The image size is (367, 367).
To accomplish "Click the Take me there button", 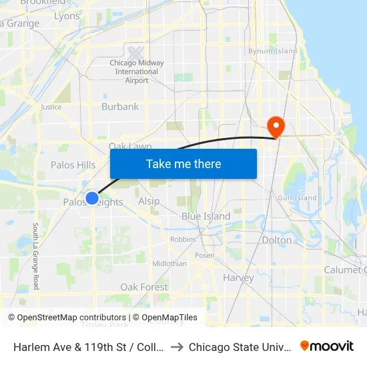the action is [183, 163].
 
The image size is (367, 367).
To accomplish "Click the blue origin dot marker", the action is [92, 198].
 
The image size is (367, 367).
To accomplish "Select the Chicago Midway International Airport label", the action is [137, 71].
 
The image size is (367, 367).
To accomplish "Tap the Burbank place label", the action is [120, 107].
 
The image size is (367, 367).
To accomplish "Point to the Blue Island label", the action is [206, 216].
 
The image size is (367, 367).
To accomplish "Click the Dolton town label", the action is [277, 240].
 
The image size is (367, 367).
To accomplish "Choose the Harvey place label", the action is [238, 278].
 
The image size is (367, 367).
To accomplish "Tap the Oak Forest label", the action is [144, 287].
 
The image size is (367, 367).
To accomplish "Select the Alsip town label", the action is [149, 202].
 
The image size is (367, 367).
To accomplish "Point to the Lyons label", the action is [67, 16].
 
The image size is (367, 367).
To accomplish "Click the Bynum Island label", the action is [272, 51].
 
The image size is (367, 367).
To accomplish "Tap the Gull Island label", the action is [298, 198].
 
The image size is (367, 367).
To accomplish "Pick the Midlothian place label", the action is [169, 264].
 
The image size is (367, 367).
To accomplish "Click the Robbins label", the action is [183, 239].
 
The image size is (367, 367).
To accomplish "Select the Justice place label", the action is [51, 107].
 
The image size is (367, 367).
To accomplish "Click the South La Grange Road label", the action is [35, 256].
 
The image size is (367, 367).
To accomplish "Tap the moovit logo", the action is [326, 346].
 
